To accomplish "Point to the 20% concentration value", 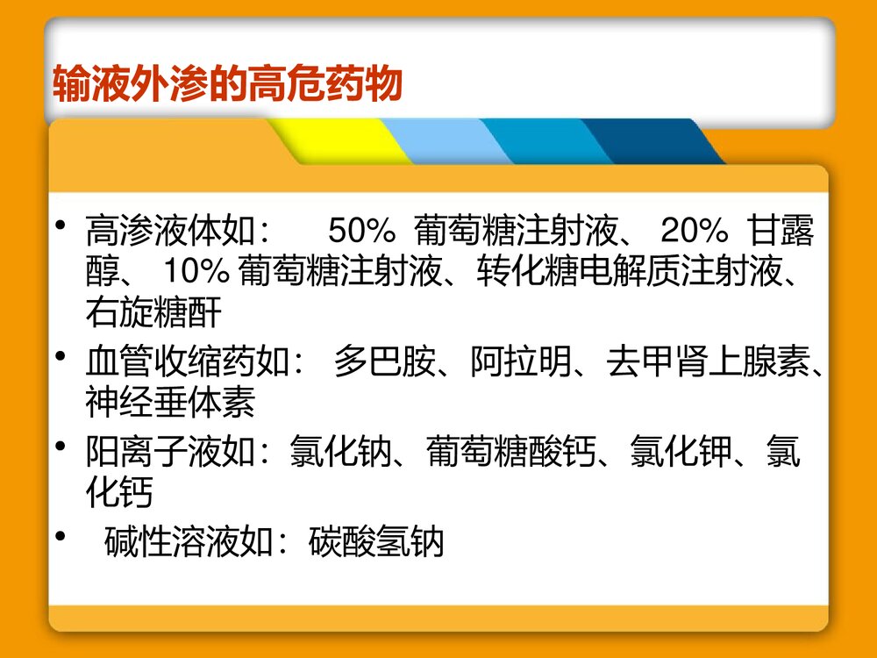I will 694,232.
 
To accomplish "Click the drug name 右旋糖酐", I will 153,310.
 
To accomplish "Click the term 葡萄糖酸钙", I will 510,454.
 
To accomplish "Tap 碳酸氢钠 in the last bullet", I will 377,542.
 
